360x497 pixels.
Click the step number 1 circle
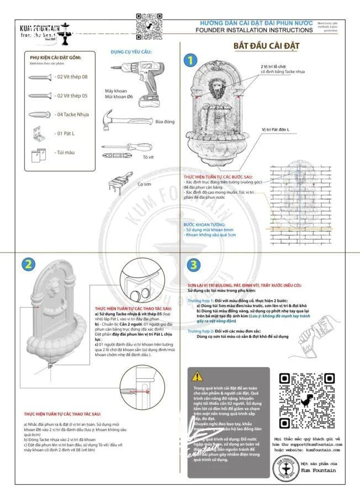tap(190, 60)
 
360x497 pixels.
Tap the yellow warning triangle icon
tap(197, 377)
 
